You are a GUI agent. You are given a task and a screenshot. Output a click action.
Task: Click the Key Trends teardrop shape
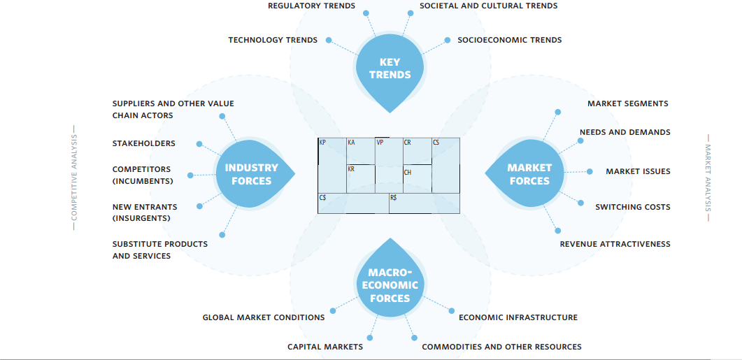tap(390, 69)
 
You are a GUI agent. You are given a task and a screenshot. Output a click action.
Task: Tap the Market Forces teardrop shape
tap(529, 174)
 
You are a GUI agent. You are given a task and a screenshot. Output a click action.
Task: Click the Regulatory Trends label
tap(311, 6)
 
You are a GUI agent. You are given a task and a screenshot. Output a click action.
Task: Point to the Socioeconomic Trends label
tap(509, 40)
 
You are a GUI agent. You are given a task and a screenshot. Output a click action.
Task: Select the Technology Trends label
tap(272, 40)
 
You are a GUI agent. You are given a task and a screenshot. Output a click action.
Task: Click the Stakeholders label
tap(143, 143)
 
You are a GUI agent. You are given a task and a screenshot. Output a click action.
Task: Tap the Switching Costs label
tap(632, 207)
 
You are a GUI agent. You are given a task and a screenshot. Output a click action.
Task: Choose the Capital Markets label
tap(324, 347)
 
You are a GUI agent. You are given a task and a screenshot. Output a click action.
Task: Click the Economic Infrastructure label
tap(518, 317)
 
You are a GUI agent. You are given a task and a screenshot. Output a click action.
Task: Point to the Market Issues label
tap(638, 171)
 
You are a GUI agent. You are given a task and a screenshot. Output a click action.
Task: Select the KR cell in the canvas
tap(361, 178)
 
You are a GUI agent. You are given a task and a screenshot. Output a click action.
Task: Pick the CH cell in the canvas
tap(417, 179)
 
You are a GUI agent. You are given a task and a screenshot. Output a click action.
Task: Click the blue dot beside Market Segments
tap(557, 112)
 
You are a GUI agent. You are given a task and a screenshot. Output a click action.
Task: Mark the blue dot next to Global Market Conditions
tap(334, 310)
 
